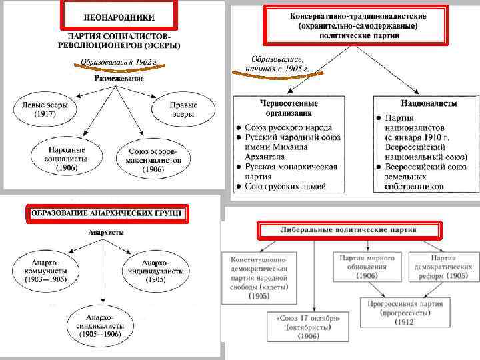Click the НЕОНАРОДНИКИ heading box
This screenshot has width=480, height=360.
pyautogui.click(x=119, y=15)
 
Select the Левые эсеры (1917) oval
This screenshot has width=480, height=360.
pyautogui.click(x=45, y=110)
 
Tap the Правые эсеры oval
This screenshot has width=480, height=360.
pyautogui.click(x=182, y=109)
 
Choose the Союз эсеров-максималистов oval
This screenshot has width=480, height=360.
pyautogui.click(x=153, y=161)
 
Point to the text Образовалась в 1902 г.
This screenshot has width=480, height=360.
pyautogui.click(x=117, y=63)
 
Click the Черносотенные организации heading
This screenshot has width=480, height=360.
pyautogui.click(x=289, y=109)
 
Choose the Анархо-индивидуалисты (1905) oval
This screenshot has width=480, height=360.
pyautogui.click(x=155, y=271)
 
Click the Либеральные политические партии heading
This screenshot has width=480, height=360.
pyautogui.click(x=349, y=231)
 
